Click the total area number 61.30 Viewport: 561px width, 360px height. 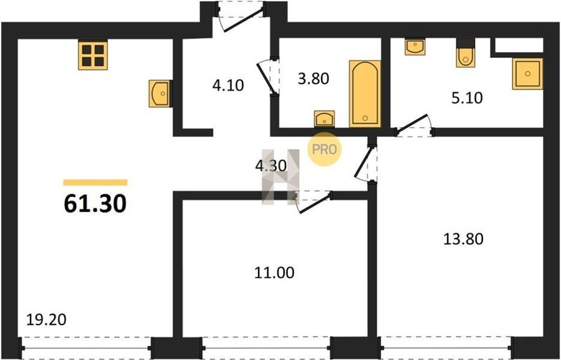[95, 204]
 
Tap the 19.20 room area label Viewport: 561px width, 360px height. [47, 320]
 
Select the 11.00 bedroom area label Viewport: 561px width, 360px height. [274, 273]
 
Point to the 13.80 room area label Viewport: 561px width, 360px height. [463, 239]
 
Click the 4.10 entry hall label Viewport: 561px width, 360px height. [228, 86]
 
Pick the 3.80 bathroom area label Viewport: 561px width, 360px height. [314, 78]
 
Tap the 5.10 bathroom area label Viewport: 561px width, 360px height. [467, 98]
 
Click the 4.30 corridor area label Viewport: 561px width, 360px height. [271, 166]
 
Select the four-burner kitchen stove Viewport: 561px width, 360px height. [93, 55]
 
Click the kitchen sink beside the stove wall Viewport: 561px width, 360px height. [160, 93]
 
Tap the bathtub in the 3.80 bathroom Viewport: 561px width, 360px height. [365, 93]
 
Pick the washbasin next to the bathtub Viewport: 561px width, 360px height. [325, 118]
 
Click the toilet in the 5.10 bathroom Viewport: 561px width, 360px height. [465, 54]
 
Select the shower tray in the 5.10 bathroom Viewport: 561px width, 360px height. [528, 73]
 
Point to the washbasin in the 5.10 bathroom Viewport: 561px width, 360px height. [415, 47]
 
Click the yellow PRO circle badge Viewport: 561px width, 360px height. [325, 149]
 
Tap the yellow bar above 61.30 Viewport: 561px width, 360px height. [95, 182]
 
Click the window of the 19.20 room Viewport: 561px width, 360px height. [86, 348]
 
